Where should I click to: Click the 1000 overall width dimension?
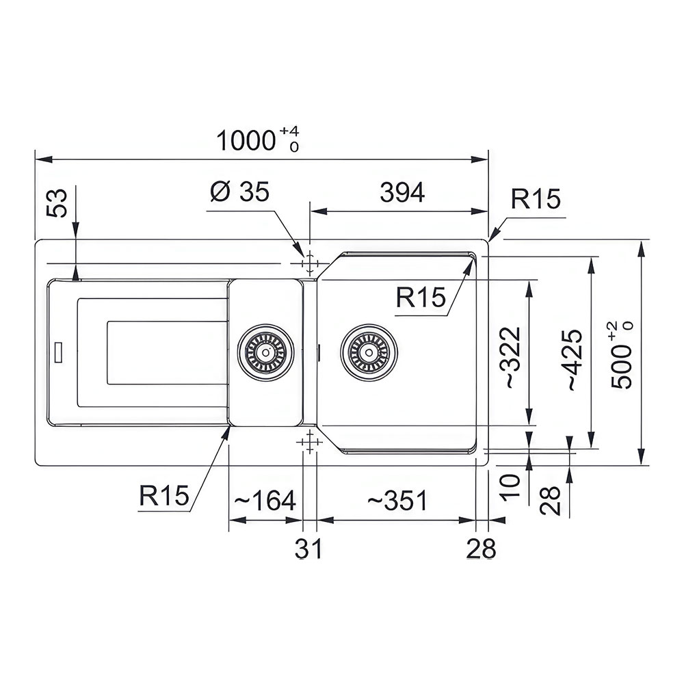click(246, 141)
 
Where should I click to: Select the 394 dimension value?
click(402, 192)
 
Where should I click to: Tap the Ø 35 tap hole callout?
click(240, 192)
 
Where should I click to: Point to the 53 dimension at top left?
click(57, 203)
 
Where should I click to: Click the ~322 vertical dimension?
click(513, 358)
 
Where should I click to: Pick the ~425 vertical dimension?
click(574, 360)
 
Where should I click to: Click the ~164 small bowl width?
click(265, 501)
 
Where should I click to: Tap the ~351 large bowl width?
click(397, 501)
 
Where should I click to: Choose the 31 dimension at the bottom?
click(308, 549)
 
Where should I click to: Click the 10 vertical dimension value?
click(511, 487)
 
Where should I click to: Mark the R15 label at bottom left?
click(164, 495)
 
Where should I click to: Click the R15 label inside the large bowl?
click(421, 298)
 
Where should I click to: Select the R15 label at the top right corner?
click(536, 199)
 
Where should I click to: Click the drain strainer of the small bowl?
click(265, 352)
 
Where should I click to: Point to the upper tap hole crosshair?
click(309, 263)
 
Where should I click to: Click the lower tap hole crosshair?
click(309, 442)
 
